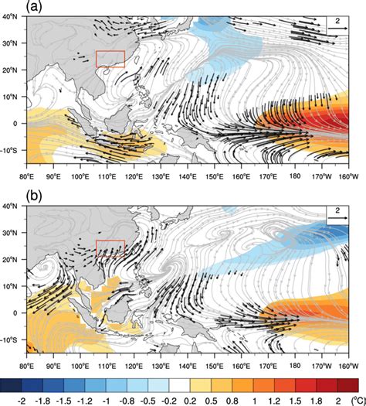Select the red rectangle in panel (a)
pos(109,59)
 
